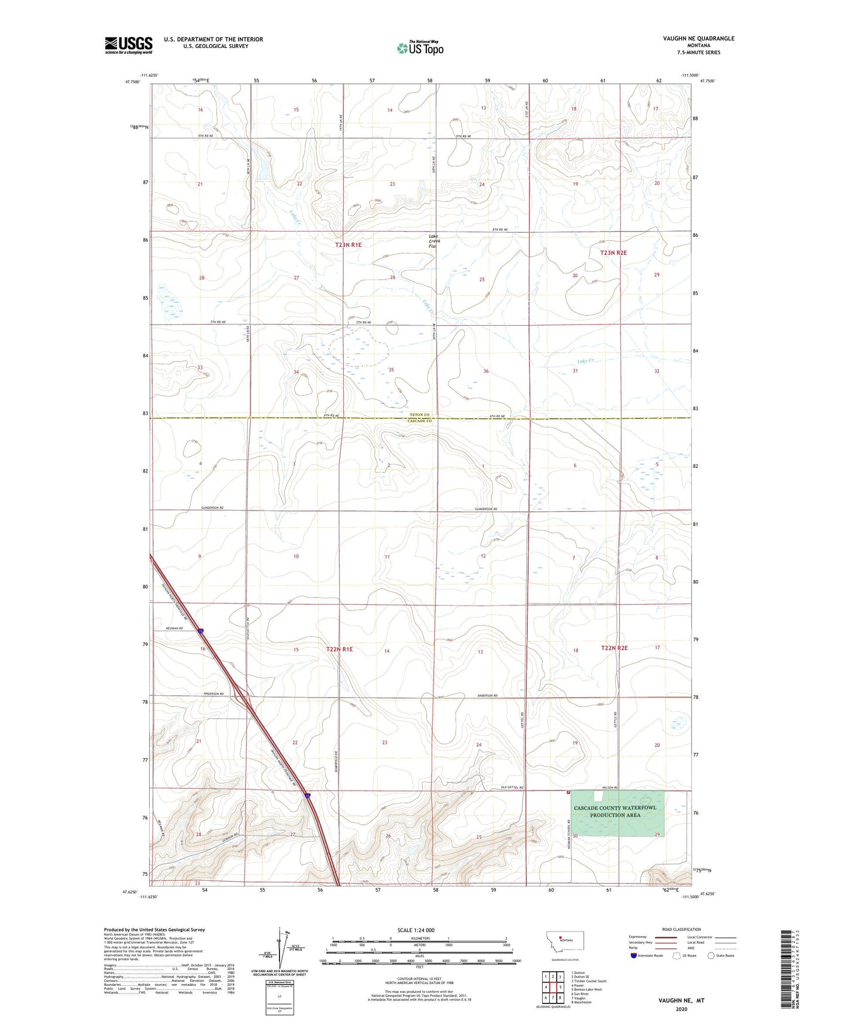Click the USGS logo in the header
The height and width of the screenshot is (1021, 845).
[x=129, y=45]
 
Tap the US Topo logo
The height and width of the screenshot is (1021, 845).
[x=420, y=48]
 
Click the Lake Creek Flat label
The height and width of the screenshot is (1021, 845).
[x=434, y=241]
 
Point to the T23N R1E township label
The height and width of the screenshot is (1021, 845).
[x=348, y=245]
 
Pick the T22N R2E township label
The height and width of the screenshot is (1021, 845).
[x=614, y=648]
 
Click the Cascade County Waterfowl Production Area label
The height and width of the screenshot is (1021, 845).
[x=615, y=811]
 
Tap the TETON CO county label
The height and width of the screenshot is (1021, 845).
[x=419, y=415]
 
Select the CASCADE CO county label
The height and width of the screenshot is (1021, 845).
[x=419, y=421]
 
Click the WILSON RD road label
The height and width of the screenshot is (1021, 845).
[x=609, y=788]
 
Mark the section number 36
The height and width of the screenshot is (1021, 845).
[x=486, y=371]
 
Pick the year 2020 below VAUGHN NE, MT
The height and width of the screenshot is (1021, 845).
[x=681, y=1009]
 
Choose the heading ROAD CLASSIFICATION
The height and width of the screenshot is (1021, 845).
[x=681, y=929]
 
